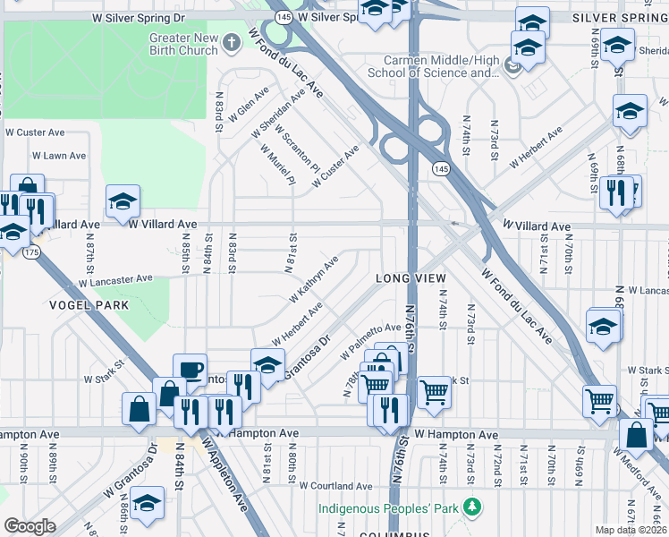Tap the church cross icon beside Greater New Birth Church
[x=233, y=42]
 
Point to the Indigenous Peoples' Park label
[x=388, y=508]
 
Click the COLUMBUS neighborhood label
[x=390, y=533]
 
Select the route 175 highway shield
[x=32, y=253]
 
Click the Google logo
[x=30, y=525]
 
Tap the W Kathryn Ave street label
[x=312, y=279]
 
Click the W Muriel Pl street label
[x=280, y=167]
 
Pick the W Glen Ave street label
[x=249, y=106]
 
